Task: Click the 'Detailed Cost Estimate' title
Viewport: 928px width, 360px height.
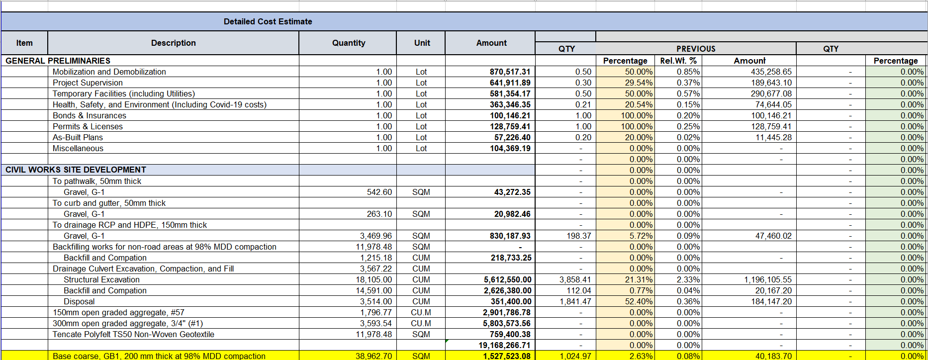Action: pyautogui.click(x=268, y=21)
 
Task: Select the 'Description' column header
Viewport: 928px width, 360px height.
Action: pyautogui.click(x=173, y=43)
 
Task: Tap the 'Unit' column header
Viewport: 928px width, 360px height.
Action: pyautogui.click(x=422, y=43)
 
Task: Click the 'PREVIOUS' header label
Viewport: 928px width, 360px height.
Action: pyautogui.click(x=695, y=49)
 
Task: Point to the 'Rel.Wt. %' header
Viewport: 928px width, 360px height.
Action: pyautogui.click(x=678, y=61)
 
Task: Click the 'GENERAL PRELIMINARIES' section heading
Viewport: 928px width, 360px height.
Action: pyautogui.click(x=58, y=61)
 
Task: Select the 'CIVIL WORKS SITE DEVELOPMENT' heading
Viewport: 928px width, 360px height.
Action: pyautogui.click(x=76, y=170)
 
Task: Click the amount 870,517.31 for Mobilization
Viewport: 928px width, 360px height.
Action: pyautogui.click(x=510, y=72)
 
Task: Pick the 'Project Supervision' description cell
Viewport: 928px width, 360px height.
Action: pyautogui.click(x=88, y=83)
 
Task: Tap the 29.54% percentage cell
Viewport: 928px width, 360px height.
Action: pyautogui.click(x=639, y=83)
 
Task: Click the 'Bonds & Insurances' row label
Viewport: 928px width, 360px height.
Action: pyautogui.click(x=90, y=115)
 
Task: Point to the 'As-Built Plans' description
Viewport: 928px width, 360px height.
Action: pyautogui.click(x=78, y=137)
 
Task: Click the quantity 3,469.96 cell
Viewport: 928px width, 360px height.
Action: pyautogui.click(x=375, y=236)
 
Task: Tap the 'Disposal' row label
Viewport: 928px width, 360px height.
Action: pyautogui.click(x=79, y=301)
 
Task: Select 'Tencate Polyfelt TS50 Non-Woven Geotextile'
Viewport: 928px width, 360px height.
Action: pyautogui.click(x=133, y=334)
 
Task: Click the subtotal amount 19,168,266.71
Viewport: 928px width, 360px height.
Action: pyautogui.click(x=504, y=345)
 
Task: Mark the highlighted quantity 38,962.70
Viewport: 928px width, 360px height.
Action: pyautogui.click(x=373, y=356)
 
